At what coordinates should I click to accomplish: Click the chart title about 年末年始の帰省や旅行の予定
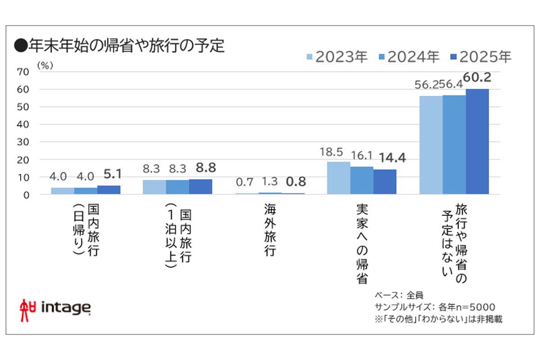click(119, 46)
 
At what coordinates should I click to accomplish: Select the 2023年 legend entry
click(337, 57)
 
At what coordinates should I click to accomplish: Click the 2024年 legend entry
click(409, 57)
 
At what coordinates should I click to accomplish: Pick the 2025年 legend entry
click(481, 57)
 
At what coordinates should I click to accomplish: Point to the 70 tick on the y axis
click(23, 72)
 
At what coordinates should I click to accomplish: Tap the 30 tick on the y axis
click(23, 142)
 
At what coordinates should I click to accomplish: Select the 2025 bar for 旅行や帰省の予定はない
click(477, 142)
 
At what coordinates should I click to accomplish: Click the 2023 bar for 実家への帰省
click(339, 178)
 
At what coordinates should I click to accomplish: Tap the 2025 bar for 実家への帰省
click(385, 182)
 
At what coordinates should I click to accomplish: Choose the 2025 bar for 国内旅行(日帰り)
click(109, 190)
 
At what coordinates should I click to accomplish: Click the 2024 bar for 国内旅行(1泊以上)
click(177, 187)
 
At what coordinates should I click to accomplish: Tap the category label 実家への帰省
click(361, 243)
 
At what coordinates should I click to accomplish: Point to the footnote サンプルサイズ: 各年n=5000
click(435, 307)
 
